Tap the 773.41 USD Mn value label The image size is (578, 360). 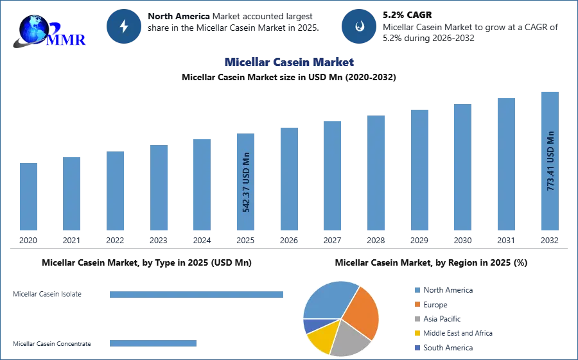(550, 160)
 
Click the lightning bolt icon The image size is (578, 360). (124, 26)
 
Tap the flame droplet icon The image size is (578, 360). (359, 26)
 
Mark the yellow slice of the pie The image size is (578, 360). (320, 336)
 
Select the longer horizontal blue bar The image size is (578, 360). (197, 293)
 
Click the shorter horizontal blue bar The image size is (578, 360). (153, 344)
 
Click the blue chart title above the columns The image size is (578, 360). (288, 62)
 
